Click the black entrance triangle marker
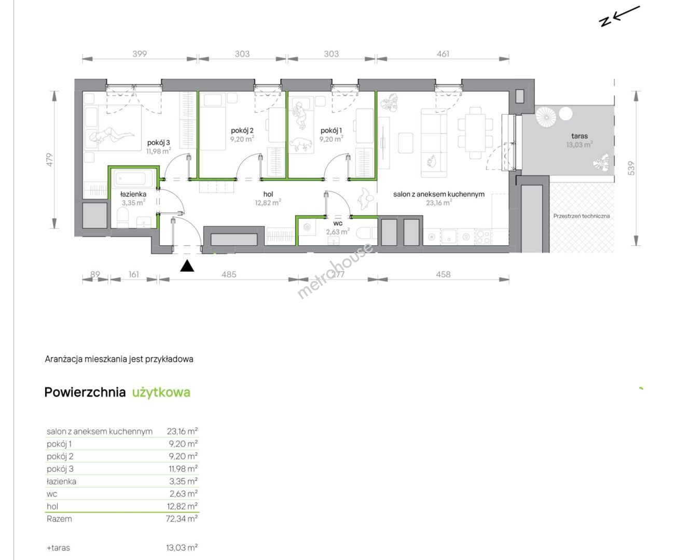[x=187, y=266]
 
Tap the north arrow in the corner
[x=619, y=16]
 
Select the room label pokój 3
[x=158, y=143]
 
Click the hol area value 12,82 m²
[x=268, y=203]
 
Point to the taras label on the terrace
[x=580, y=136]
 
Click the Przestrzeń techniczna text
[x=581, y=216]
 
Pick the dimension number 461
[x=443, y=54]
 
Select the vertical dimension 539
[x=631, y=169]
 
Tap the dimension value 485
[x=229, y=274]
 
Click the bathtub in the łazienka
[x=133, y=178]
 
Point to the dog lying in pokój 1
[x=300, y=144]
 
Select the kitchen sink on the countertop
[x=448, y=236]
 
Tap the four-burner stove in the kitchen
[x=484, y=236]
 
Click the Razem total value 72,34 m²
[x=182, y=519]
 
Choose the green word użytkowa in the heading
[x=161, y=393]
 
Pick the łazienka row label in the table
[x=61, y=481]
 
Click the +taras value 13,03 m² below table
[x=182, y=548]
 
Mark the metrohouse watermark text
[x=335, y=271]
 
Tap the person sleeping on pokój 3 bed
[x=112, y=135]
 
